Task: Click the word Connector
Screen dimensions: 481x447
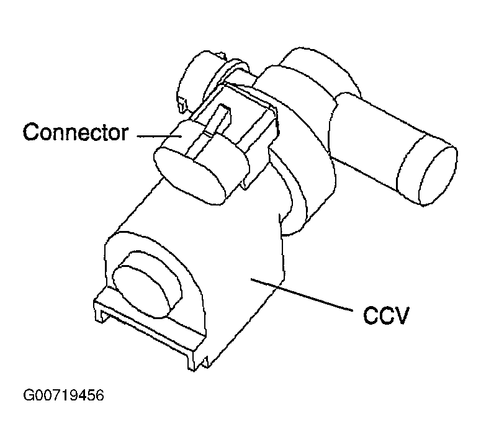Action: [x=76, y=132]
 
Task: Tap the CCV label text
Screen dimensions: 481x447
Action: [x=386, y=315]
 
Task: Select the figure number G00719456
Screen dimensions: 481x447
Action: [x=63, y=395]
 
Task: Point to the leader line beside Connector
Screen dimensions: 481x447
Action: [x=160, y=136]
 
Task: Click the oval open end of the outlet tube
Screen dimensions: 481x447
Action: [x=438, y=175]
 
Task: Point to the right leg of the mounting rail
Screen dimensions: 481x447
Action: [x=191, y=362]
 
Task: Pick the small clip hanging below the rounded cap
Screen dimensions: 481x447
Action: [x=182, y=104]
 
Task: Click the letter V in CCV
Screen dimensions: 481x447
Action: [x=401, y=315]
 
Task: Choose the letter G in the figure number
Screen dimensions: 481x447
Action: [x=28, y=395]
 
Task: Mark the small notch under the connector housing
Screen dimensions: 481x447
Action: [x=245, y=184]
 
